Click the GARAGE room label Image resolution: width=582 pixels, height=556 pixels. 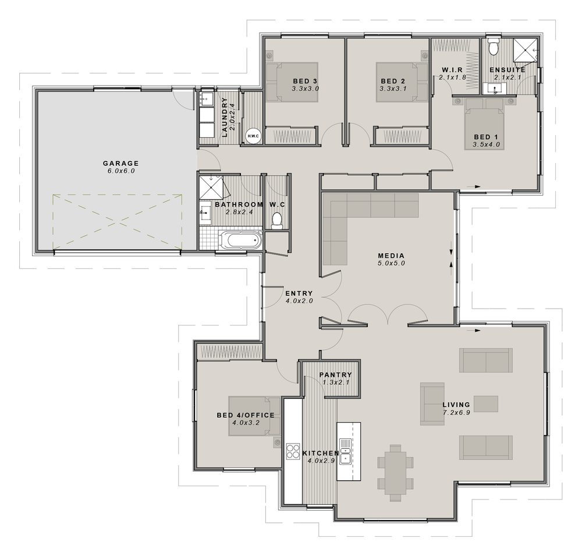(x=121, y=163)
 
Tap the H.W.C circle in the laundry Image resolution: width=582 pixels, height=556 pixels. (x=253, y=136)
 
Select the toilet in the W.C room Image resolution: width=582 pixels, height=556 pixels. (x=278, y=219)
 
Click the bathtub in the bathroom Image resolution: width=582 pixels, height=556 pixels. (x=240, y=239)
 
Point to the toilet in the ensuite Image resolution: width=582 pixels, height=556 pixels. (x=494, y=46)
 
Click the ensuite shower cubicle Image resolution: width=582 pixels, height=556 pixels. (x=526, y=51)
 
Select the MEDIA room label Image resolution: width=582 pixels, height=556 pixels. (x=391, y=256)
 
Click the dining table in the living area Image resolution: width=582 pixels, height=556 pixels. (x=396, y=470)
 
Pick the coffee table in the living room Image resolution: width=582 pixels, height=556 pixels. (x=485, y=404)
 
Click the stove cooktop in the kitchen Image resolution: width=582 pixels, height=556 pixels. (x=292, y=451)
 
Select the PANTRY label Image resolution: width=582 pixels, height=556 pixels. (x=335, y=375)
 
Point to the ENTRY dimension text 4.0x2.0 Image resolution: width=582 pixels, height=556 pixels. (x=299, y=302)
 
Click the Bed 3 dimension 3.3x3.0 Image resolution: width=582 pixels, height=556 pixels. (x=306, y=89)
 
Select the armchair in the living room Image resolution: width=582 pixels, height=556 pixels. (x=432, y=404)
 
